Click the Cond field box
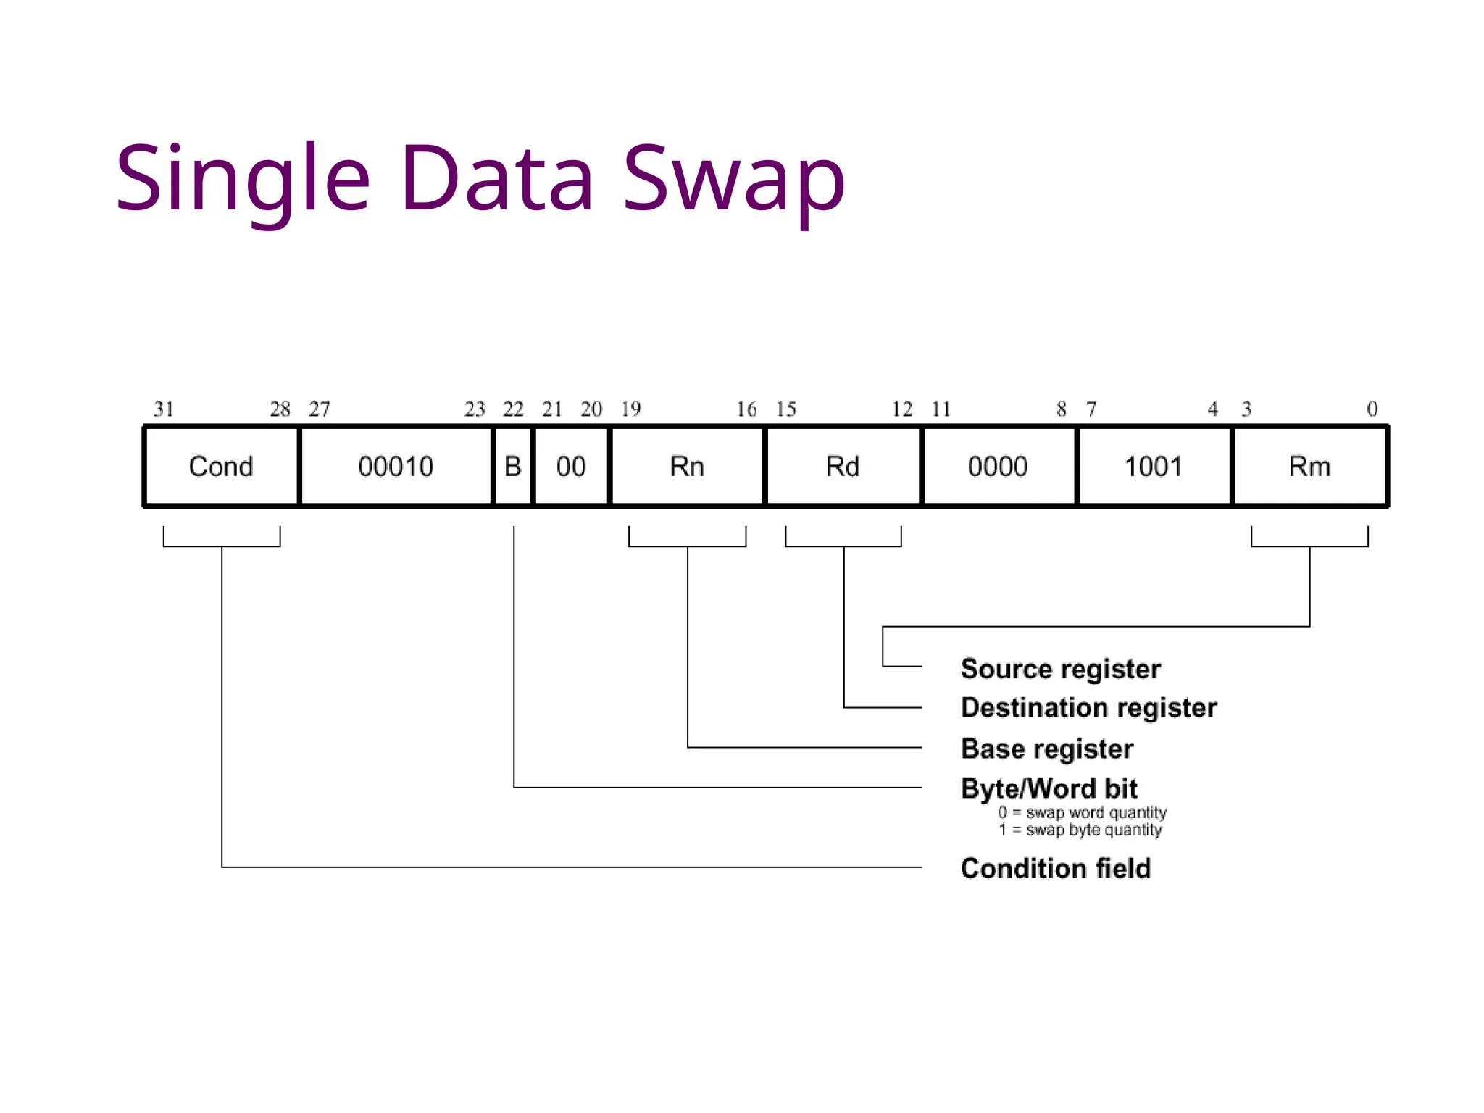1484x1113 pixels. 221,466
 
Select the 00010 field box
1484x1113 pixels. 396,466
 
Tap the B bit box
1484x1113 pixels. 512,466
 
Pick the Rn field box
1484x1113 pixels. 687,466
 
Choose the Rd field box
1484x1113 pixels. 843,466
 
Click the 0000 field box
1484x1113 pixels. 998,466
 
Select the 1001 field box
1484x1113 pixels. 1153,466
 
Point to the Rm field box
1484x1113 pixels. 1309,466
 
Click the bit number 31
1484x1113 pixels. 164,409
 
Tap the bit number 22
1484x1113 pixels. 513,409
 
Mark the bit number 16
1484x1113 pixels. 746,409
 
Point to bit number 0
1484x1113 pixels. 1372,409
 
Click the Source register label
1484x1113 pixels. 1060,669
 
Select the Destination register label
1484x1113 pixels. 1088,708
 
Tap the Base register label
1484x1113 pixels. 1046,749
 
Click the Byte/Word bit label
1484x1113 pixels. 1049,788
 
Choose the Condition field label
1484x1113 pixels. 1055,868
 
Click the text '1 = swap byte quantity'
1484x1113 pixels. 1080,830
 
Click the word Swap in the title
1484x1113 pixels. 733,179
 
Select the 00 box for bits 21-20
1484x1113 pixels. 571,466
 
